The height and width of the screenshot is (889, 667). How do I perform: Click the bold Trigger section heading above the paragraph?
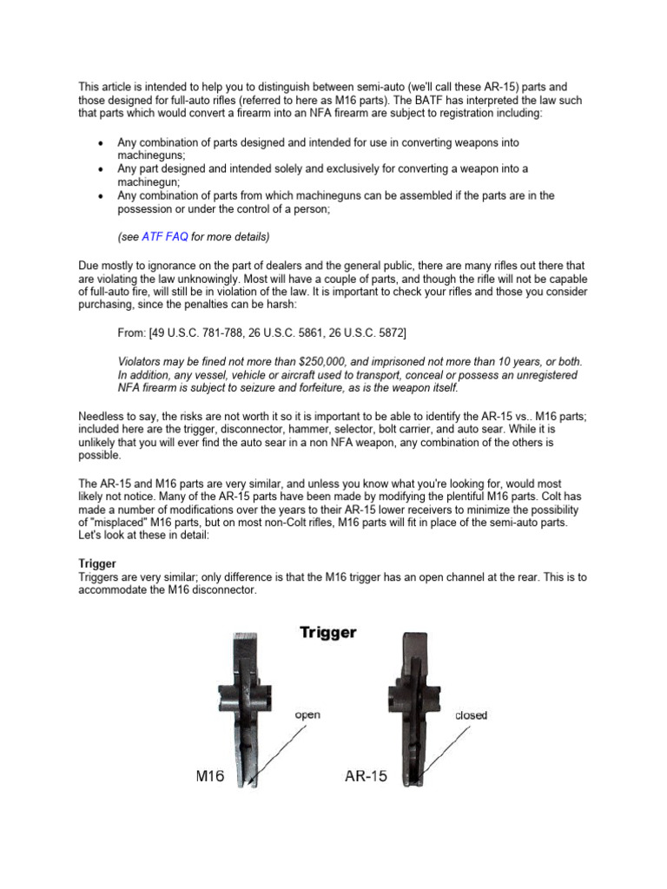pyautogui.click(x=97, y=563)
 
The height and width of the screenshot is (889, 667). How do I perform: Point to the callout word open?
pyautogui.click(x=307, y=714)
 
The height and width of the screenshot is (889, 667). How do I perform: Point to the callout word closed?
pyautogui.click(x=471, y=715)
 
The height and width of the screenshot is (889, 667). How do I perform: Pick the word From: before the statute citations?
pyautogui.click(x=132, y=333)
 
